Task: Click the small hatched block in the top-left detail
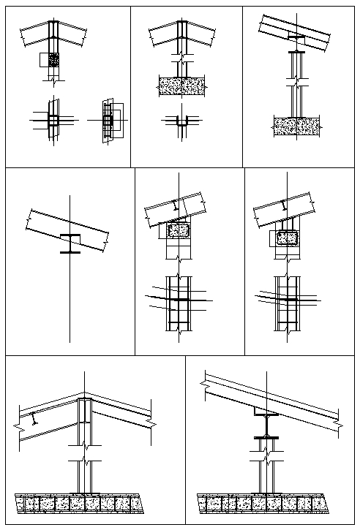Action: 53,59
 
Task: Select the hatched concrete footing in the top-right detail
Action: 296,126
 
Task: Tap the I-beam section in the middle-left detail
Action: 70,243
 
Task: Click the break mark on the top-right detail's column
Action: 296,85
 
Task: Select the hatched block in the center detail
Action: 179,232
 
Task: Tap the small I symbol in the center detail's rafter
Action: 173,206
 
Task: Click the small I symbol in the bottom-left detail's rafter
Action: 34,420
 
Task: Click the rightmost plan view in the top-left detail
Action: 109,118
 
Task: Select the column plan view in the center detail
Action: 178,301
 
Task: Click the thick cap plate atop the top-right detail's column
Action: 296,52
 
